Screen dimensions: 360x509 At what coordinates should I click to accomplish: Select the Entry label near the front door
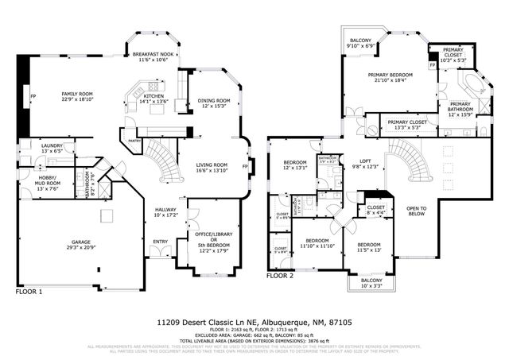[x=161, y=242]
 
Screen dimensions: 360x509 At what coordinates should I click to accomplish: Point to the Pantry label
[x=134, y=141]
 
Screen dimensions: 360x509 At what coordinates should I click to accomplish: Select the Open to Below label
[x=417, y=211]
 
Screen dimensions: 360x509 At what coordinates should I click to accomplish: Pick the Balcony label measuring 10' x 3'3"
[x=371, y=284]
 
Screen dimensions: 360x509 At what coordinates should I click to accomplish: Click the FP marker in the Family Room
[x=33, y=98]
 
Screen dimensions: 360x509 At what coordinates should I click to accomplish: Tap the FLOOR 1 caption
[x=29, y=292]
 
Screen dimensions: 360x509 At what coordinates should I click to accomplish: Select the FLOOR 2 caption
[x=280, y=277]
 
